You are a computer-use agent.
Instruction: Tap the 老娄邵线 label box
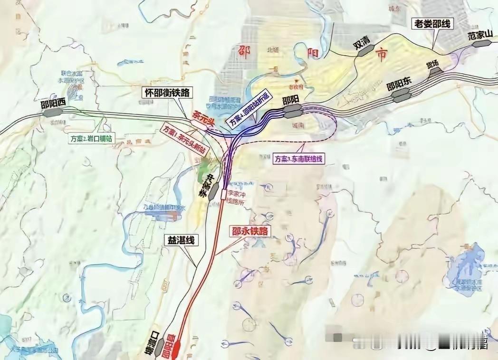tap(432, 23)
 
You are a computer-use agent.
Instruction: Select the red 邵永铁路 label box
tap(250, 231)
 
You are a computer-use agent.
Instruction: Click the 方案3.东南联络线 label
tap(299, 159)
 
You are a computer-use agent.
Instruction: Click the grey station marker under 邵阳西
tap(52, 113)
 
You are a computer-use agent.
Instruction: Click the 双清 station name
tap(361, 44)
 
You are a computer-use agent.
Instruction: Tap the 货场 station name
tap(431, 65)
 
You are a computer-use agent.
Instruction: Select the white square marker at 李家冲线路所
tap(224, 194)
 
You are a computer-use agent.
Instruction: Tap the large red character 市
tap(381, 55)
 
